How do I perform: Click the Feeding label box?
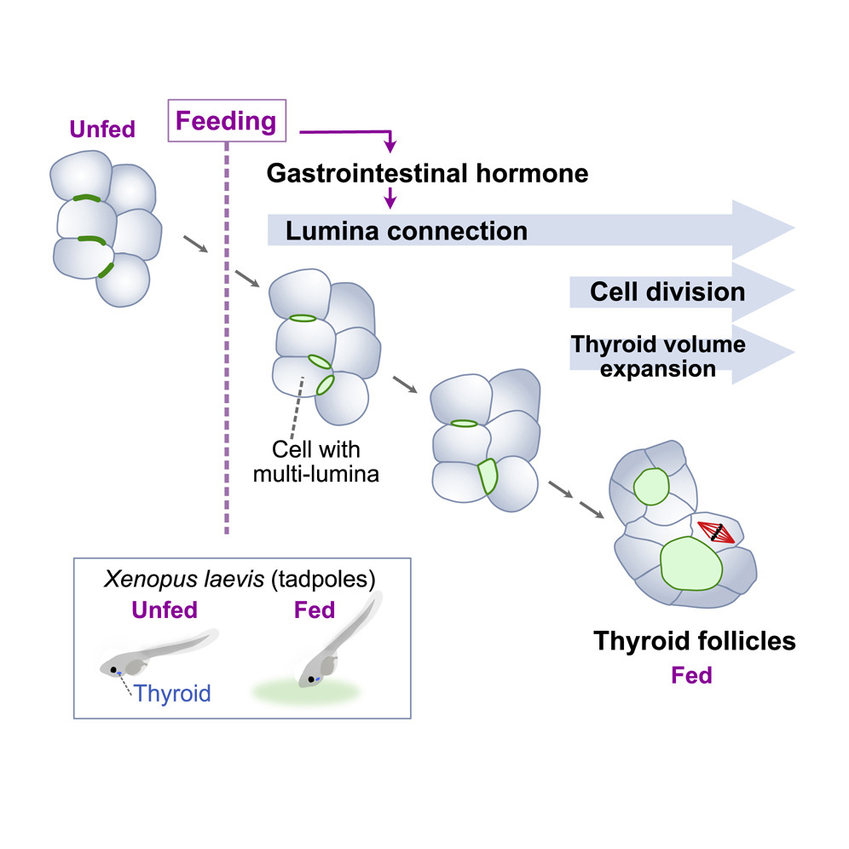coord(226,122)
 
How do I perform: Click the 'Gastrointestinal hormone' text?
coord(427,174)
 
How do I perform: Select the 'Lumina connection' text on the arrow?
coord(407,230)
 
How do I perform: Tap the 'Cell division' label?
coord(667,292)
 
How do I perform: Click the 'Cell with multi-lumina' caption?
coord(315,460)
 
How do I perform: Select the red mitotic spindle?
coord(716,533)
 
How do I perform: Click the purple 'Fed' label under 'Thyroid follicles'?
coord(691,677)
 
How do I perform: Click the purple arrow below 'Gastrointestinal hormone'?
coord(390,199)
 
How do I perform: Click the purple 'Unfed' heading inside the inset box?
coord(164,611)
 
